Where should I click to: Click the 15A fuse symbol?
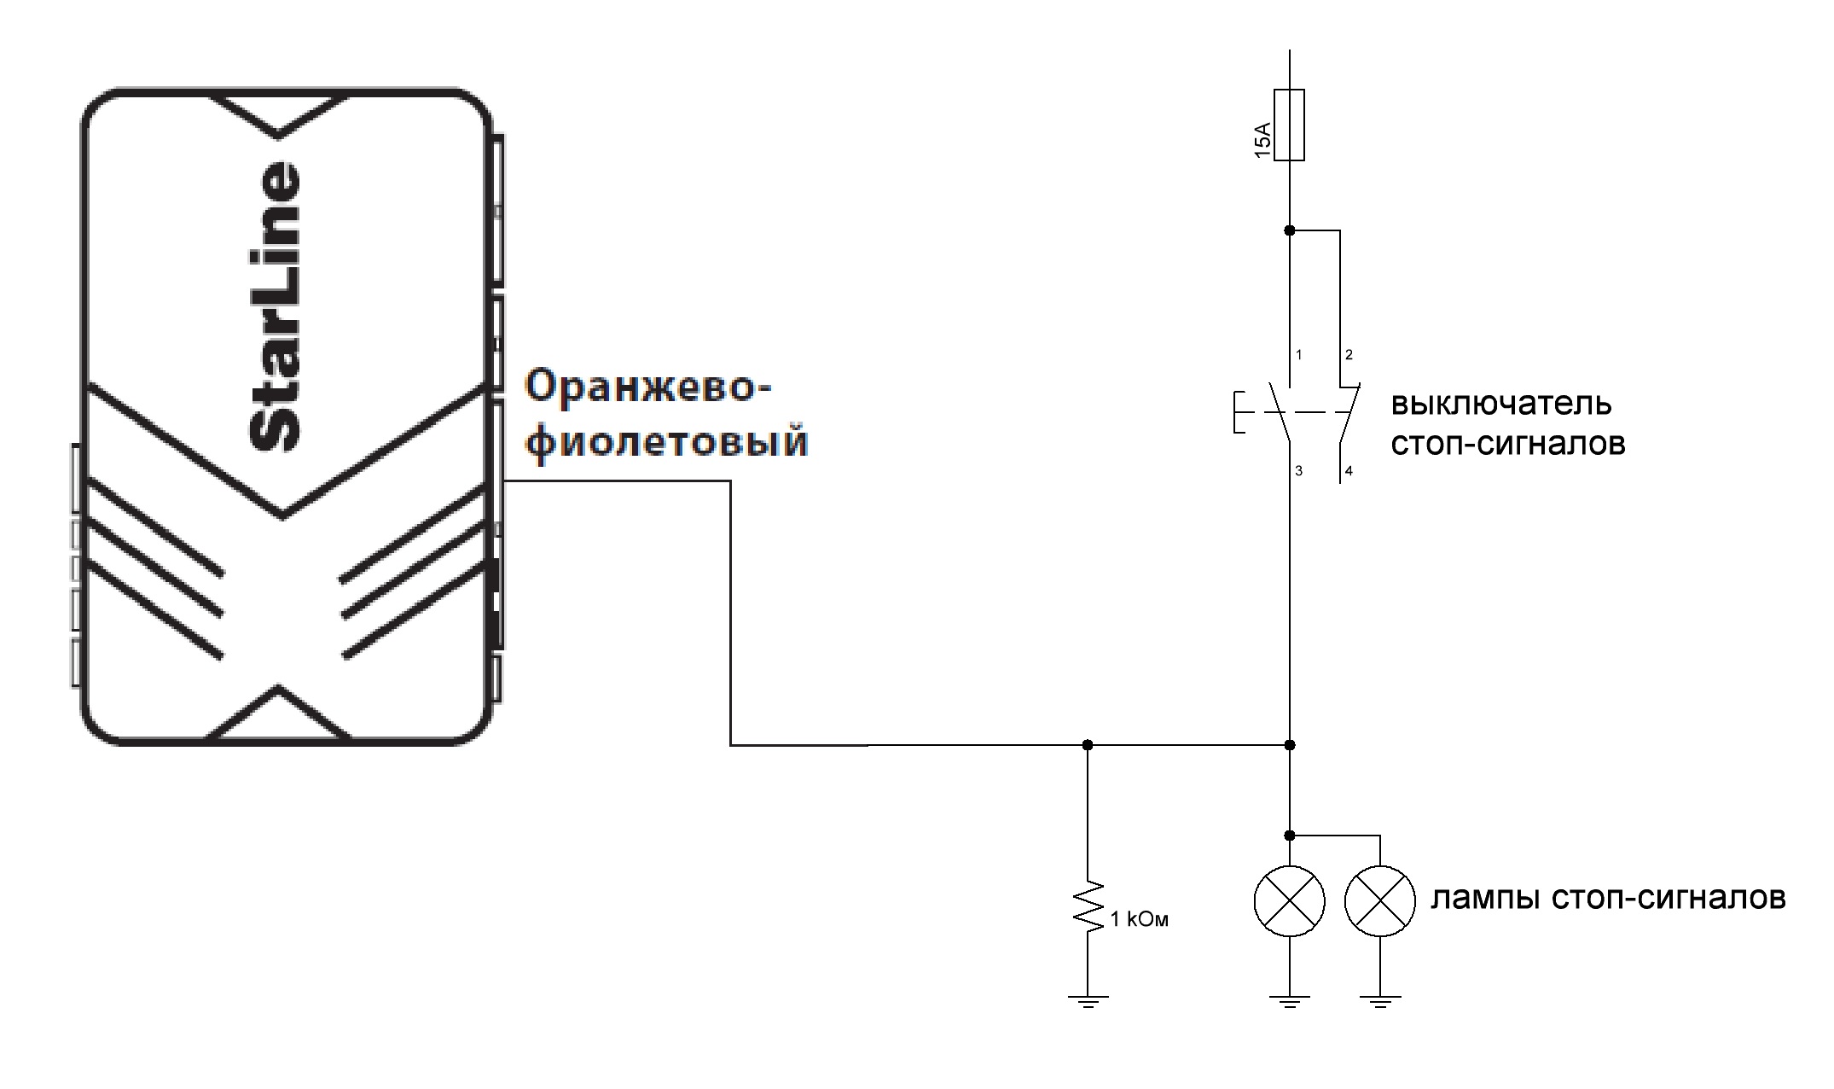point(1289,125)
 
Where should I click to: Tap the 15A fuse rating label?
point(1262,140)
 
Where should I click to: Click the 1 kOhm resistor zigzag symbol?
point(1088,906)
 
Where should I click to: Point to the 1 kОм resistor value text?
point(1139,919)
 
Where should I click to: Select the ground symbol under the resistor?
point(1088,1000)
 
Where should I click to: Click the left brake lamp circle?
point(1289,901)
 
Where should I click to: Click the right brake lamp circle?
point(1379,901)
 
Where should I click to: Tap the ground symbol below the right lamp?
point(1379,1000)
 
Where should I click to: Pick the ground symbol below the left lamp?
point(1289,1000)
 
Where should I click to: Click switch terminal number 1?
point(1299,355)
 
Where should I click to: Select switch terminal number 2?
point(1349,355)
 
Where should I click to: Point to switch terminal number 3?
point(1299,470)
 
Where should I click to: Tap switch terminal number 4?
point(1349,470)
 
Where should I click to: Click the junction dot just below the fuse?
point(1289,230)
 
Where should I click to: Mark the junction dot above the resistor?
point(1088,745)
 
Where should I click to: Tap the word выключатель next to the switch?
point(1501,403)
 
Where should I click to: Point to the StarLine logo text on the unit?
point(276,306)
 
